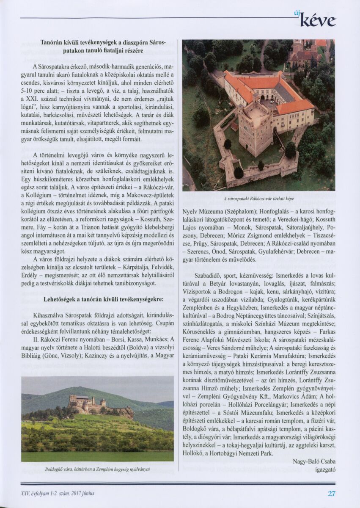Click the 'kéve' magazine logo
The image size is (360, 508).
(318, 20)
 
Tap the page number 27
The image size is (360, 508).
(331, 493)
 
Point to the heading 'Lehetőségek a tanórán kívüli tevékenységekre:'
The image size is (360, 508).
(104, 299)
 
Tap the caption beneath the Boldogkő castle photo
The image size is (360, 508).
(97, 469)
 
